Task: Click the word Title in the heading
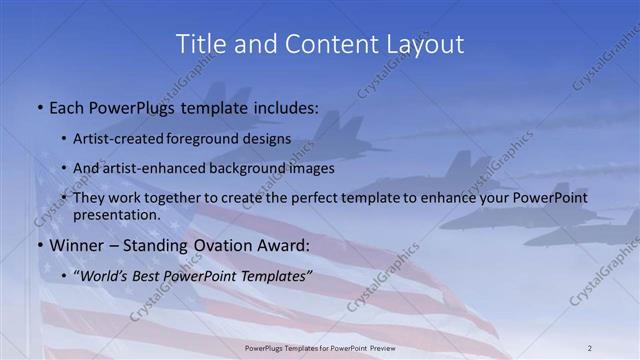coord(200,44)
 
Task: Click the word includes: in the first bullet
coord(283,107)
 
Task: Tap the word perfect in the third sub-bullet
coord(347,198)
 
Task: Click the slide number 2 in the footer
coord(589,347)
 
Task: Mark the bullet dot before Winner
coord(38,246)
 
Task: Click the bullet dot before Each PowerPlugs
coord(38,107)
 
